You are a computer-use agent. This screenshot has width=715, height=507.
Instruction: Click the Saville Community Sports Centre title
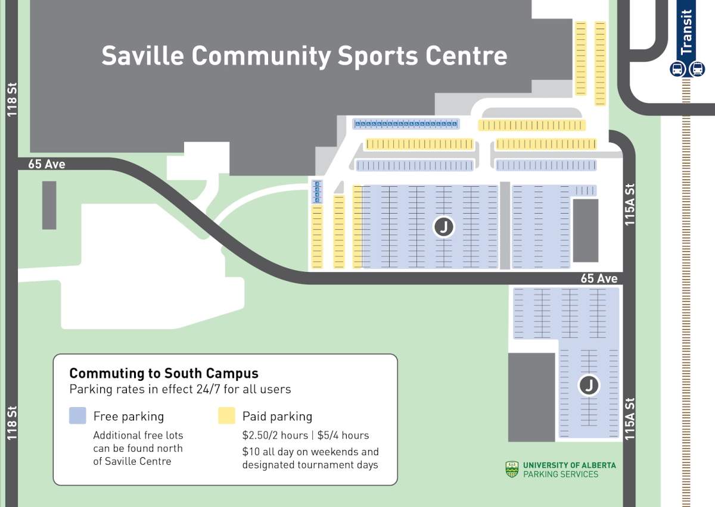click(304, 56)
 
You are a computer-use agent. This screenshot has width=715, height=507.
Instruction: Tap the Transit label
click(687, 33)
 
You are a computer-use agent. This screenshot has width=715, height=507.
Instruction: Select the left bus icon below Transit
click(677, 69)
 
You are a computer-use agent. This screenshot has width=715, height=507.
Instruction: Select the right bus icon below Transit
click(697, 69)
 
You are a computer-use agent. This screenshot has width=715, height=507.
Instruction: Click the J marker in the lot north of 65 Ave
click(443, 227)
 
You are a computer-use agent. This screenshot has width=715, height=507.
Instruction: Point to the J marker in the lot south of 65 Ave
click(589, 386)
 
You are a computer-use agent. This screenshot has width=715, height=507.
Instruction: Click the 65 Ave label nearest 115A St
click(599, 278)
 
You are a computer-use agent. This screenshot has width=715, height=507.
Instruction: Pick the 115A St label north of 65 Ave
click(630, 204)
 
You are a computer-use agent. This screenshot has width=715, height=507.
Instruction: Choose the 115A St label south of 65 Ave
click(630, 419)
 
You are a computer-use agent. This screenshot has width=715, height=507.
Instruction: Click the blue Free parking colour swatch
click(78, 416)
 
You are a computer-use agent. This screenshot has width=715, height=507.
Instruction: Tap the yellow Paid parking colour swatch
click(227, 416)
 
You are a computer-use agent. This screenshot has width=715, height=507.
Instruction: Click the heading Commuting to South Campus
click(164, 374)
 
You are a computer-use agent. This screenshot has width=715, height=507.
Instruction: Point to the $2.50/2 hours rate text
click(275, 435)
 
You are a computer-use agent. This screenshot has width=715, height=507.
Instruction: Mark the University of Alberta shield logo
click(512, 469)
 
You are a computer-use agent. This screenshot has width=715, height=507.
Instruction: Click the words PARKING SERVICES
click(560, 474)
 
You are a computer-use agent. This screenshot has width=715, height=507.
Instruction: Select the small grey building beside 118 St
click(49, 205)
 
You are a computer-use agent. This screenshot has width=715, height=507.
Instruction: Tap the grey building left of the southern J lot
click(531, 397)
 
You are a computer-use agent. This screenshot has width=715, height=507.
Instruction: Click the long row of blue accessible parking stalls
click(406, 124)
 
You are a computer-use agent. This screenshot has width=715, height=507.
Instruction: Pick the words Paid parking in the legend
click(277, 417)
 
